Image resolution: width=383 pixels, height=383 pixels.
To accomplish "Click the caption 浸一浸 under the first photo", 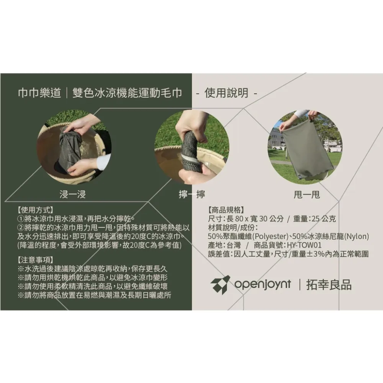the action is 72,195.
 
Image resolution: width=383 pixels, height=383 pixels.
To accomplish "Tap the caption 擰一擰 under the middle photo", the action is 192,195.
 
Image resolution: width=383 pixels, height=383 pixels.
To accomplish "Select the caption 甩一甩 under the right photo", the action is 306,195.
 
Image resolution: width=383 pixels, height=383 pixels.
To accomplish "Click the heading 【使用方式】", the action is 35,210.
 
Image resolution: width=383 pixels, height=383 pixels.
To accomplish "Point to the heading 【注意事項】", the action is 35,260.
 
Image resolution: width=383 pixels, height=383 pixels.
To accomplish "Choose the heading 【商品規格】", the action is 226,210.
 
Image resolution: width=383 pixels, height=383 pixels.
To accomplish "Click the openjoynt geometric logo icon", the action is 220,285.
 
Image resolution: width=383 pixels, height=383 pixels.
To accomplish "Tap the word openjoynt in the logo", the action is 263,285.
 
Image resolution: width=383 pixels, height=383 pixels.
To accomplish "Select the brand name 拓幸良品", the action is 329,285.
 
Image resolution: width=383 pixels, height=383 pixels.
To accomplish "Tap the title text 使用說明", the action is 226,93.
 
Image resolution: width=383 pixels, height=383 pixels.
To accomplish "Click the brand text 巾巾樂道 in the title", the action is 39,93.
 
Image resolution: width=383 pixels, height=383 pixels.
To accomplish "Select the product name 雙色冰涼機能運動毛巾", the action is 127,93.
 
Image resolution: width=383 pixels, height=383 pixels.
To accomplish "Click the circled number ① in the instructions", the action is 21,219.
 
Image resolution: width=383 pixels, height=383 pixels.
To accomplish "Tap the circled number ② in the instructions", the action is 21,228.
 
